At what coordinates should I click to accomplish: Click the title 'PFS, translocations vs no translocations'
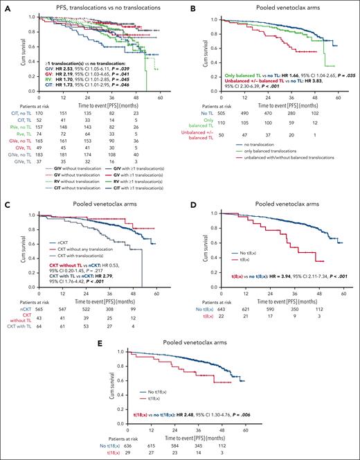click(89, 6)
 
